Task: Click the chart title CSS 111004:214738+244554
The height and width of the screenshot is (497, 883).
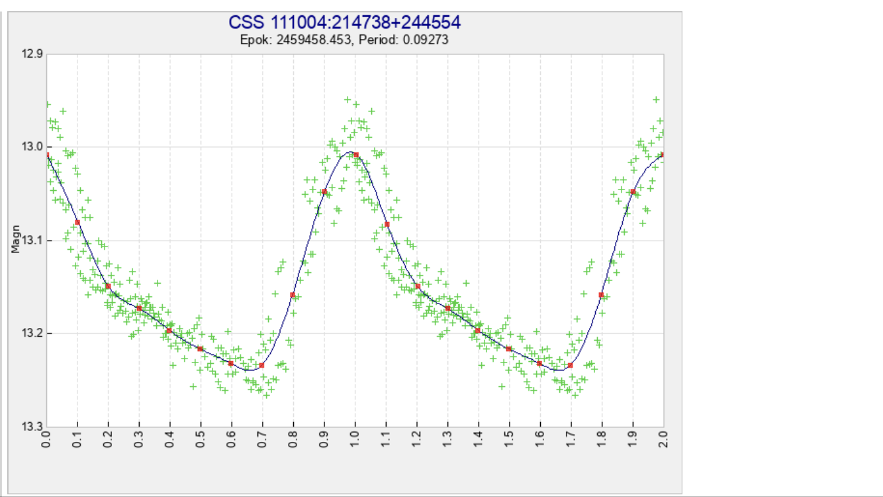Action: (344, 23)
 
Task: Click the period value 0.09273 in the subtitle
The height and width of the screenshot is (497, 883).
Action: (425, 40)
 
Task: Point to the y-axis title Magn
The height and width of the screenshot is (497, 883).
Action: (16, 241)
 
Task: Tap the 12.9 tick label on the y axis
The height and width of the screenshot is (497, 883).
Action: (31, 54)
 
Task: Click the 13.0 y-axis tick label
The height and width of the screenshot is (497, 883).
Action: (31, 147)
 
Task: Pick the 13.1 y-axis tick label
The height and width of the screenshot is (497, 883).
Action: (31, 241)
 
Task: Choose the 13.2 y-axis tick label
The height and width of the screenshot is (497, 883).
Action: (31, 333)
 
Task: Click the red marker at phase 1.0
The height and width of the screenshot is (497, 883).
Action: (356, 155)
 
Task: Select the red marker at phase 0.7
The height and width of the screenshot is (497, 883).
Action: (262, 365)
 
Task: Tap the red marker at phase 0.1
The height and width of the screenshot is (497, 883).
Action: (77, 222)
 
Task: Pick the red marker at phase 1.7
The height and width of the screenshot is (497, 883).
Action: (571, 365)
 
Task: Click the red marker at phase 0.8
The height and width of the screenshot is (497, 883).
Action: (293, 295)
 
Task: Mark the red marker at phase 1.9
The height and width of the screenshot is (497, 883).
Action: (633, 192)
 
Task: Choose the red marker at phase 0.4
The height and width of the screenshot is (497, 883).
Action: (169, 330)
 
